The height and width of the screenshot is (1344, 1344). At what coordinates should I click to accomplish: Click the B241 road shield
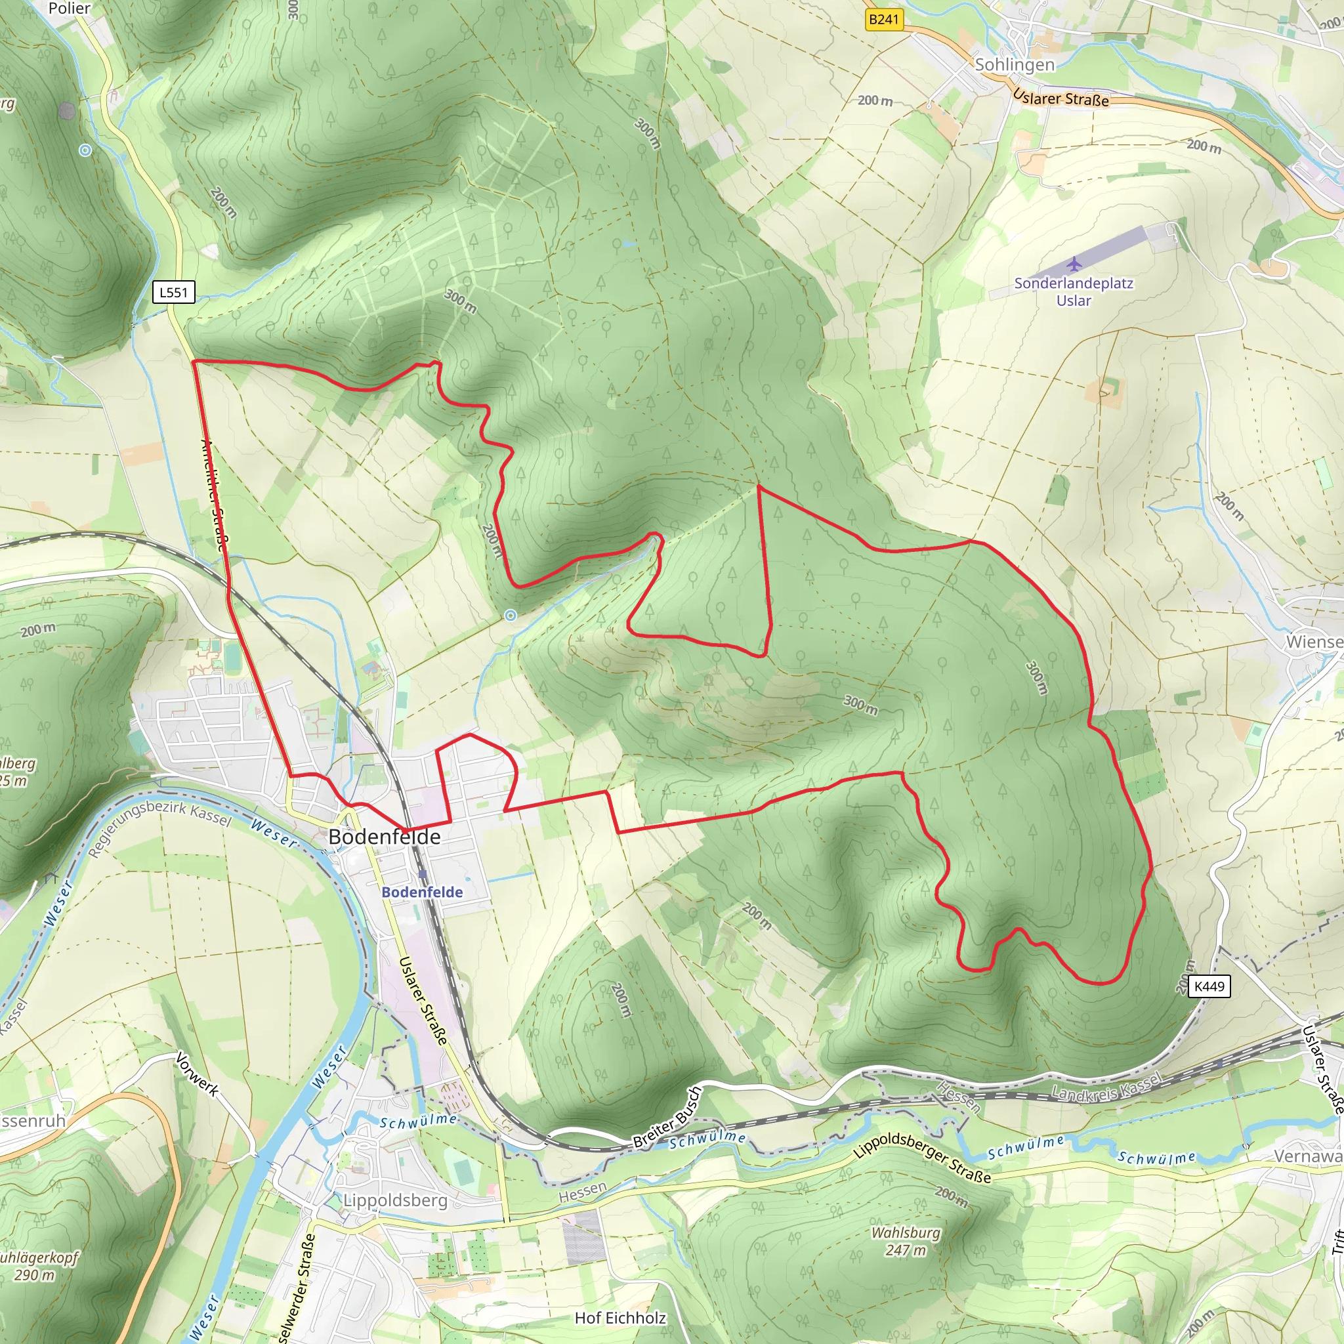point(883,20)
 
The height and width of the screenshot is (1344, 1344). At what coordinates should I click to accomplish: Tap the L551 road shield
point(173,292)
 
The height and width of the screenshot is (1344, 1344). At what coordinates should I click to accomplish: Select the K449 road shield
point(1208,986)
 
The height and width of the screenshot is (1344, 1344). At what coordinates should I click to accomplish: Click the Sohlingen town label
point(1015,65)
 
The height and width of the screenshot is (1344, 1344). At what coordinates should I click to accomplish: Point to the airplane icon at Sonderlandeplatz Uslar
point(1074,264)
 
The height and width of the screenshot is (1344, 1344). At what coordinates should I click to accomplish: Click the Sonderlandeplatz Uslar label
point(1074,292)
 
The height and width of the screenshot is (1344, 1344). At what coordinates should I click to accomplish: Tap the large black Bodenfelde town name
point(384,837)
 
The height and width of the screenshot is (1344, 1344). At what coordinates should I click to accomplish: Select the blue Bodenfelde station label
point(421,892)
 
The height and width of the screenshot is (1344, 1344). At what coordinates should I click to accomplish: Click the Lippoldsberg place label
point(395,1201)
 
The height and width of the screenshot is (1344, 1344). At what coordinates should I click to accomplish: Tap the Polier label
point(69,9)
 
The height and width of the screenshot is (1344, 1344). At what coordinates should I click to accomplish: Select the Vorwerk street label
point(198,1074)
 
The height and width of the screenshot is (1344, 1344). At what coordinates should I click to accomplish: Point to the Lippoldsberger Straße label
point(922,1158)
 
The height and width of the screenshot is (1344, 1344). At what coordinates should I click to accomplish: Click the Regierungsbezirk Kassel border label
point(160,828)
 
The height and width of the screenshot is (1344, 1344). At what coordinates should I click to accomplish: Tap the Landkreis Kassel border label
point(1106,1087)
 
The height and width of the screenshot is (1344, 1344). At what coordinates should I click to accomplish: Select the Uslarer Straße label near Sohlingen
point(1060,97)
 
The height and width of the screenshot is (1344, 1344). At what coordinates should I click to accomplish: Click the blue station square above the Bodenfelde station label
point(422,873)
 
